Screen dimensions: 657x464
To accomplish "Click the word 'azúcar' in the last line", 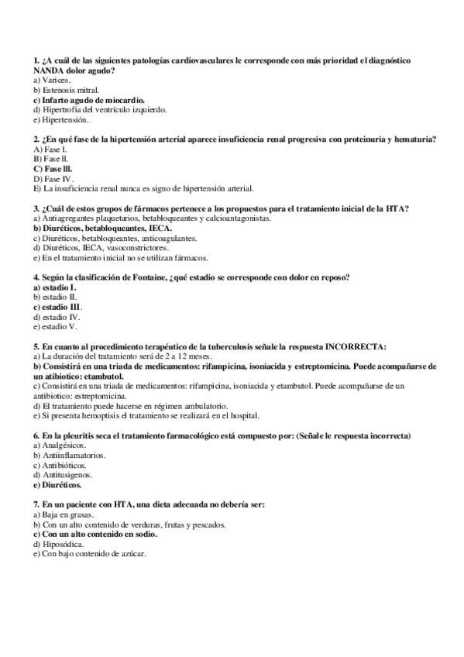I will pos(129,554).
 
